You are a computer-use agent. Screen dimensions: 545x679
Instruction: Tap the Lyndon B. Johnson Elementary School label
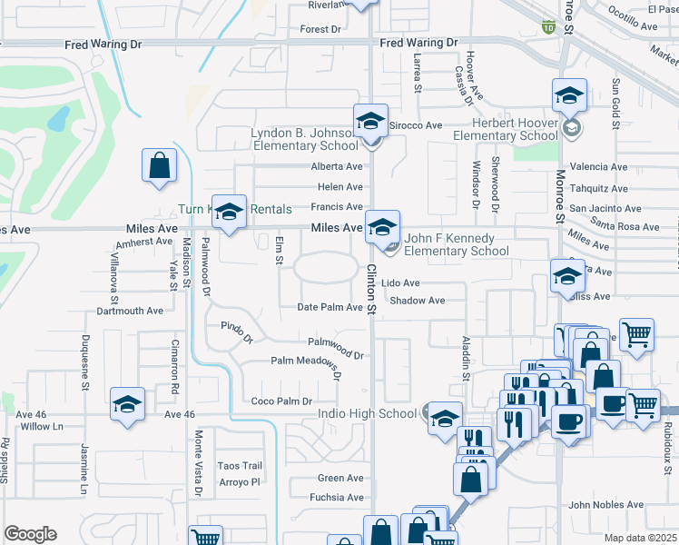[305, 139]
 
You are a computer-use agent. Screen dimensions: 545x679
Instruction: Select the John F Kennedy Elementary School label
[457, 245]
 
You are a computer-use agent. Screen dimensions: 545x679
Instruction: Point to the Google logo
[30, 533]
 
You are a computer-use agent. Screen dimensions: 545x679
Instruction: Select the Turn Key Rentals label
[235, 209]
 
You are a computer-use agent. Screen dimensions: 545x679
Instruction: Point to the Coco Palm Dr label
[281, 401]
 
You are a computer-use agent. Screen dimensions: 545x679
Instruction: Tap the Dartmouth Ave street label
[130, 311]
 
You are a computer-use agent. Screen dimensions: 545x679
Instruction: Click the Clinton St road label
[371, 291]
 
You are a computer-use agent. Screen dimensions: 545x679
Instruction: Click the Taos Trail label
[240, 466]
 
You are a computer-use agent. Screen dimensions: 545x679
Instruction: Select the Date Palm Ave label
[330, 308]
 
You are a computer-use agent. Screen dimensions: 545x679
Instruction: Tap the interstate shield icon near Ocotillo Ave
[547, 27]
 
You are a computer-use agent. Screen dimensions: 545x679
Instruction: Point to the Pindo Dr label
[237, 332]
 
